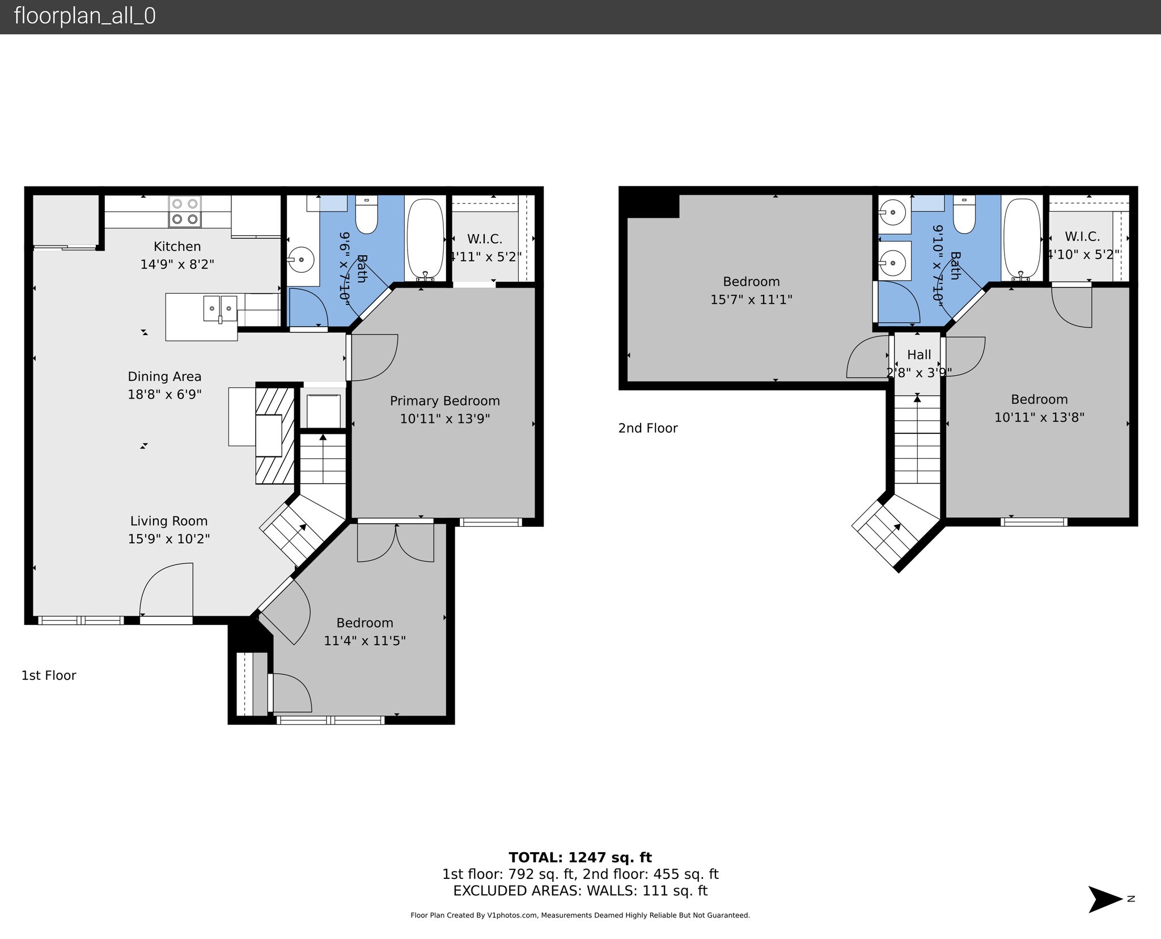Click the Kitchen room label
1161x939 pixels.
177,247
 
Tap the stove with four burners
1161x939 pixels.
185,212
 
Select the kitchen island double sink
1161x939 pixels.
221,309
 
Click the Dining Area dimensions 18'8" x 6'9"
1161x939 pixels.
164,394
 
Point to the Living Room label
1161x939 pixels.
169,521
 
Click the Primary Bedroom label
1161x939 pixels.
444,401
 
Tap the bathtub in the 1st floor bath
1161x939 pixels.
425,238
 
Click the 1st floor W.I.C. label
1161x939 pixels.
484,239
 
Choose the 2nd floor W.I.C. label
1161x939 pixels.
1082,236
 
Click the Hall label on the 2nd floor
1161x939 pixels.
919,355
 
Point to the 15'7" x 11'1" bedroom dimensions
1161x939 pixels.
751,299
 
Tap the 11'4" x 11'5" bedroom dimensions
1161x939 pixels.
365,641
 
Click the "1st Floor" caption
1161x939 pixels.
49,675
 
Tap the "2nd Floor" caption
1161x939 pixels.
648,428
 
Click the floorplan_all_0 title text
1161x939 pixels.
84,16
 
